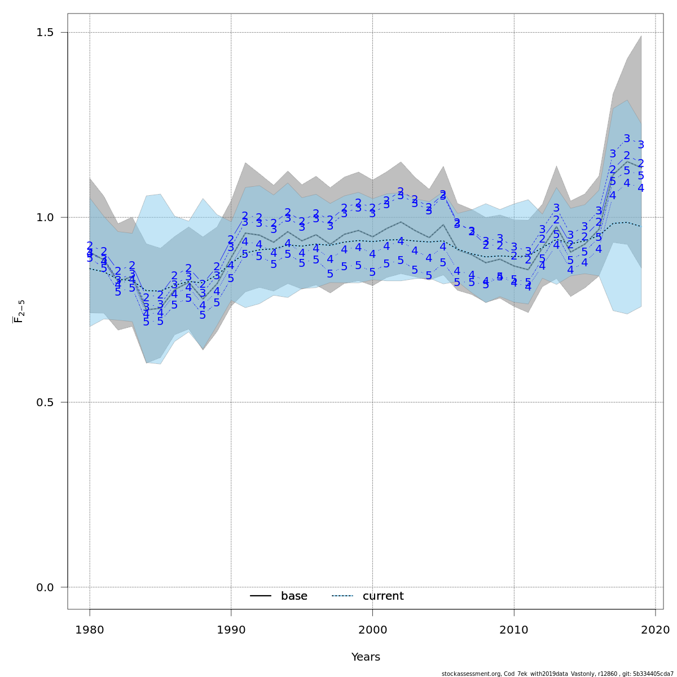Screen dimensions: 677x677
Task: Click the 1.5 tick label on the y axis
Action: coord(45,32)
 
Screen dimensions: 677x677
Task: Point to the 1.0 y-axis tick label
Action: coord(45,217)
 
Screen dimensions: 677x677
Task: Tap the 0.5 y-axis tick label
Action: coord(45,402)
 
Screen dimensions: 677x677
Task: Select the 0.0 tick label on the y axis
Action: coord(45,587)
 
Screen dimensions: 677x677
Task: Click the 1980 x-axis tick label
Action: coord(90,630)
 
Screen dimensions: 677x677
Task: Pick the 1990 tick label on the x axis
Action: coord(231,630)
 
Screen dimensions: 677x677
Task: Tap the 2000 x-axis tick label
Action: coord(372,630)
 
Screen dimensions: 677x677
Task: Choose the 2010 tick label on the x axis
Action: coord(514,630)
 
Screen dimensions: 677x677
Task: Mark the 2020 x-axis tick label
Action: coord(655,630)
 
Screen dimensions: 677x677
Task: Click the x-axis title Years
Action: coord(366,657)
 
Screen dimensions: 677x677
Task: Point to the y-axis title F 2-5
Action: coord(19,311)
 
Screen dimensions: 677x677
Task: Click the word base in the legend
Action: coord(294,596)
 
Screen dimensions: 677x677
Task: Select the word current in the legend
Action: coord(383,596)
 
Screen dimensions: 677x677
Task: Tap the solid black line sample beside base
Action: coord(261,596)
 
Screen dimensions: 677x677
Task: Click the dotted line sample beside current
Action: coord(342,596)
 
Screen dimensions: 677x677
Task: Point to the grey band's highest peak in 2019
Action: coord(641,36)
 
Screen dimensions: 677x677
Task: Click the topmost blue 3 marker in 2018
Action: coord(627,139)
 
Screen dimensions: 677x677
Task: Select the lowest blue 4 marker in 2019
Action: coord(641,188)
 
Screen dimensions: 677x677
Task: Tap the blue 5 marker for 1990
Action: coord(231,278)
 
